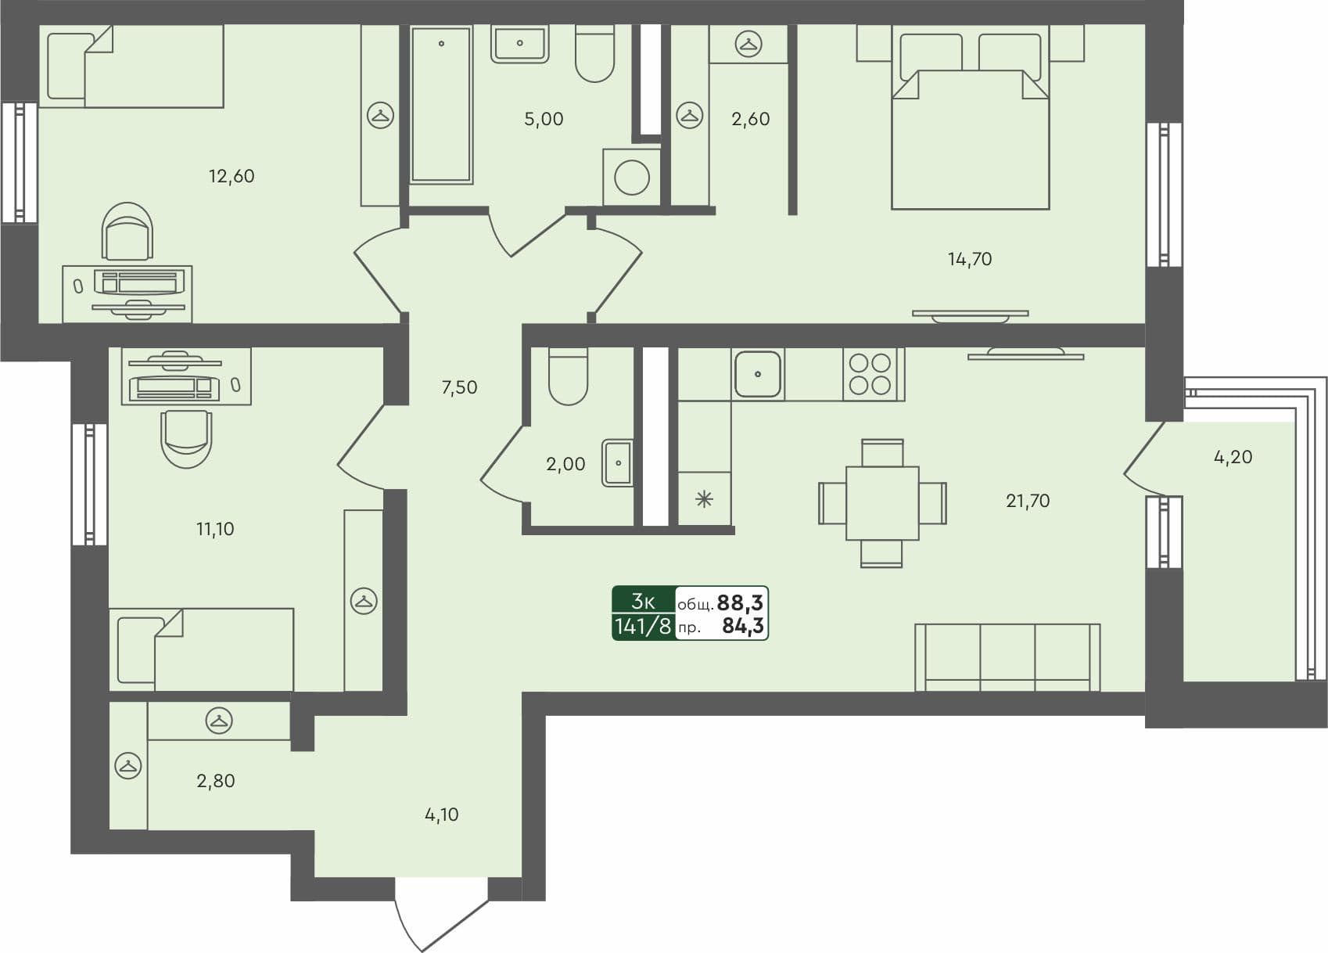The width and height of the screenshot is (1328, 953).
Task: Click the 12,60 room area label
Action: [x=232, y=176]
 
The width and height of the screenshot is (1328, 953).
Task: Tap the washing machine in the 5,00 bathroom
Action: [x=631, y=178]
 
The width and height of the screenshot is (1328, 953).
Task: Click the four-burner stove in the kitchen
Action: [x=870, y=374]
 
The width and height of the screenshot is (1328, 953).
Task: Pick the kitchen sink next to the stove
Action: [x=757, y=374]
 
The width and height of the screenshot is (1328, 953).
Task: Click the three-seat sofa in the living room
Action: [x=1007, y=657]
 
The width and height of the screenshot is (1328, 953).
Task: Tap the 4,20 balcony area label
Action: [x=1233, y=457]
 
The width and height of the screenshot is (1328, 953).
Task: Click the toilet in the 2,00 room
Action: [x=568, y=377]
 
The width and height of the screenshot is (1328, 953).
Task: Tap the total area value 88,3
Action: [x=740, y=602]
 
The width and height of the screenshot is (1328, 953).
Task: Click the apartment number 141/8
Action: [x=643, y=627]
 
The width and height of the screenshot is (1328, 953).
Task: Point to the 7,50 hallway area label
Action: [x=459, y=387]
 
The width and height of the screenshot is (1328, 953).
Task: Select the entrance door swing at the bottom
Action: [x=438, y=915]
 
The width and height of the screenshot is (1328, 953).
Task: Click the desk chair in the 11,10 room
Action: [x=186, y=438]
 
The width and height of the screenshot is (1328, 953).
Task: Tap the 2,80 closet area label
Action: [x=215, y=781]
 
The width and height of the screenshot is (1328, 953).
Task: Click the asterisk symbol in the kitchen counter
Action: [x=704, y=499]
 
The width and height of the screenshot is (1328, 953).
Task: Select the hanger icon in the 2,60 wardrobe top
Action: [x=749, y=45]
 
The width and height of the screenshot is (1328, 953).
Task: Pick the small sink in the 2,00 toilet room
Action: [x=617, y=463]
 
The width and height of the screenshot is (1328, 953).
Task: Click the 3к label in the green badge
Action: [x=643, y=601]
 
